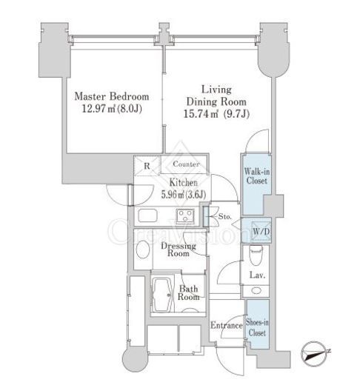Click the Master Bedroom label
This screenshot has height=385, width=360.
pyautogui.click(x=112, y=96)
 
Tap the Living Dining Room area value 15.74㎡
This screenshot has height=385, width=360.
pyautogui.click(x=201, y=114)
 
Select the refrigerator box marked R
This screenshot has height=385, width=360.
pyautogui.click(x=147, y=166)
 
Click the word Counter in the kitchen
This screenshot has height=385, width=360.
pyautogui.click(x=186, y=164)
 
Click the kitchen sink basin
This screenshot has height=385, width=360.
pyautogui.click(x=147, y=215)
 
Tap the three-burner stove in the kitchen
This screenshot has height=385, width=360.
pyautogui.click(x=185, y=216)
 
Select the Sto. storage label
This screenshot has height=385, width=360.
pyautogui.click(x=225, y=217)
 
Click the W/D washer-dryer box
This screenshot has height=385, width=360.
pyautogui.click(x=261, y=232)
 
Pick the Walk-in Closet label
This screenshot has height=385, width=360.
pyautogui.click(x=257, y=176)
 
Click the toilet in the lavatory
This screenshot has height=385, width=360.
pyautogui.click(x=256, y=255)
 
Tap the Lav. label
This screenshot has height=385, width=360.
pyautogui.click(x=257, y=275)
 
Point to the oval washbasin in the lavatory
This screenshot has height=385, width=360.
pyautogui.click(x=256, y=291)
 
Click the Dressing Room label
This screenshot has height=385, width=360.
pyautogui.click(x=179, y=250)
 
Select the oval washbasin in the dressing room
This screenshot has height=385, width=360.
pyautogui.click(x=143, y=250)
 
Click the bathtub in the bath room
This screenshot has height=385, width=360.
pyautogui.click(x=162, y=295)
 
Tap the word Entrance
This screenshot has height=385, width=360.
pyautogui.click(x=227, y=325)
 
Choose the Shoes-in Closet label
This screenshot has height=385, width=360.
pyautogui.click(x=257, y=327)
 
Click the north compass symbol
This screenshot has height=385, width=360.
pyautogui.click(x=316, y=354)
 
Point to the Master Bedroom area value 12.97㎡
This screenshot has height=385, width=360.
pyautogui.click(x=99, y=109)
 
